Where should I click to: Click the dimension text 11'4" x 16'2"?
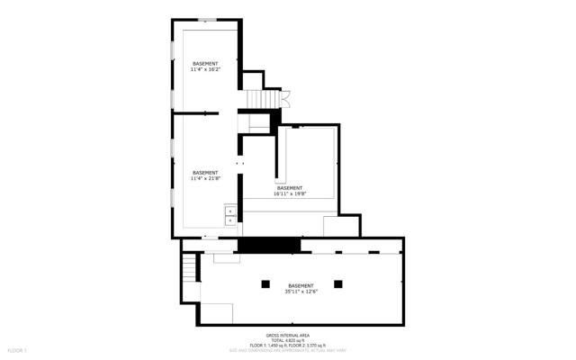[x=205, y=69]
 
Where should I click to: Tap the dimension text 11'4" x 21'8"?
[x=205, y=178]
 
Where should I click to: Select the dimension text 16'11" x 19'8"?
[x=290, y=193]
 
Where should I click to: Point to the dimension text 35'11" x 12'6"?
[x=301, y=292]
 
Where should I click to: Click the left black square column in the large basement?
[x=265, y=283]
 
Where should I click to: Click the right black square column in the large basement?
[x=338, y=283]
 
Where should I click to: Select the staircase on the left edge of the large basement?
[x=189, y=268]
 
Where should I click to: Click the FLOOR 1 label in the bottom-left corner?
[x=17, y=349]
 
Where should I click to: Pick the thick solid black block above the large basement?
[x=268, y=245]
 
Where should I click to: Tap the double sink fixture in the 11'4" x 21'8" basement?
[x=230, y=214]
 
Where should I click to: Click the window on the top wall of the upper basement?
[x=207, y=19]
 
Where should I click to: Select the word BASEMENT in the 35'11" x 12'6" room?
[x=301, y=285]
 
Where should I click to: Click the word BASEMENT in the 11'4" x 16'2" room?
[x=205, y=63]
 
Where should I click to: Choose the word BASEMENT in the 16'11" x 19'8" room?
[x=290, y=187]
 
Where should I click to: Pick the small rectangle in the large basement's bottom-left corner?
[x=217, y=312]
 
